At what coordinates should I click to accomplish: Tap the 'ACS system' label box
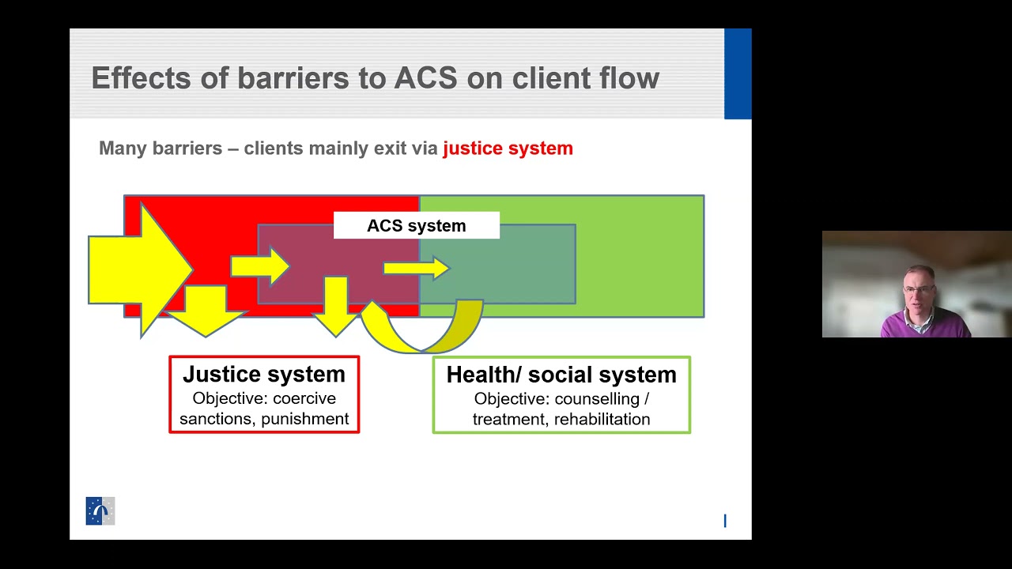(x=416, y=226)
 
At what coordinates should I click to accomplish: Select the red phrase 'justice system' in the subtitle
(x=508, y=149)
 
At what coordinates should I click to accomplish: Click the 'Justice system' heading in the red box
(x=264, y=375)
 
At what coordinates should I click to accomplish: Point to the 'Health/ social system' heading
(x=561, y=375)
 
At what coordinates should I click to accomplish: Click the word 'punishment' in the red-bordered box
(x=305, y=419)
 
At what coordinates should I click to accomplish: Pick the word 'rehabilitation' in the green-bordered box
(x=602, y=419)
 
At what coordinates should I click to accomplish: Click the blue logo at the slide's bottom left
(x=100, y=511)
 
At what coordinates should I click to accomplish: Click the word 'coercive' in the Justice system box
(x=304, y=398)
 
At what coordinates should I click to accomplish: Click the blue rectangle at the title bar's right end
(x=738, y=73)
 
